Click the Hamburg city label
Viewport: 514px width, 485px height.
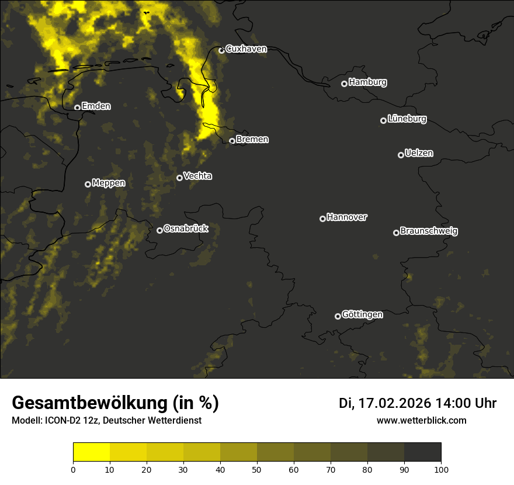(x=367, y=82)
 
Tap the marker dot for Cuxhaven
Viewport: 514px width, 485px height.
(x=221, y=50)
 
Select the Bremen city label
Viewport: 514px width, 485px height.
(x=252, y=140)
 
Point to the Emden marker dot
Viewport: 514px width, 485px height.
(x=77, y=108)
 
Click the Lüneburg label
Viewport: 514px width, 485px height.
(x=407, y=119)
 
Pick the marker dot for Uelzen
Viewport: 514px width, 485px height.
(x=401, y=155)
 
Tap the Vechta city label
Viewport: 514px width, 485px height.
(x=197, y=176)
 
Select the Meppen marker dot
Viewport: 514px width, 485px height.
(x=88, y=184)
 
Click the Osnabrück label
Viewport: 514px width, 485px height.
(x=186, y=228)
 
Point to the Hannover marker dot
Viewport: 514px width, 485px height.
(x=322, y=219)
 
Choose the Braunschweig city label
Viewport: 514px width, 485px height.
(x=429, y=231)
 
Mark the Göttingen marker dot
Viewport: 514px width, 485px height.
(x=338, y=316)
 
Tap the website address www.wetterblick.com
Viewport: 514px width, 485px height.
(x=422, y=420)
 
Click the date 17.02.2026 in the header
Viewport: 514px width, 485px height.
(x=394, y=403)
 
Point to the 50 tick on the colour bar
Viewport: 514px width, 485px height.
(x=257, y=469)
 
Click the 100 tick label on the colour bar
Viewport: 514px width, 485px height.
(x=441, y=469)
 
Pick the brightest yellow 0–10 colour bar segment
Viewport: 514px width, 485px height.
(x=91, y=452)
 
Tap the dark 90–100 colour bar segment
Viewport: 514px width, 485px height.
(x=422, y=452)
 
